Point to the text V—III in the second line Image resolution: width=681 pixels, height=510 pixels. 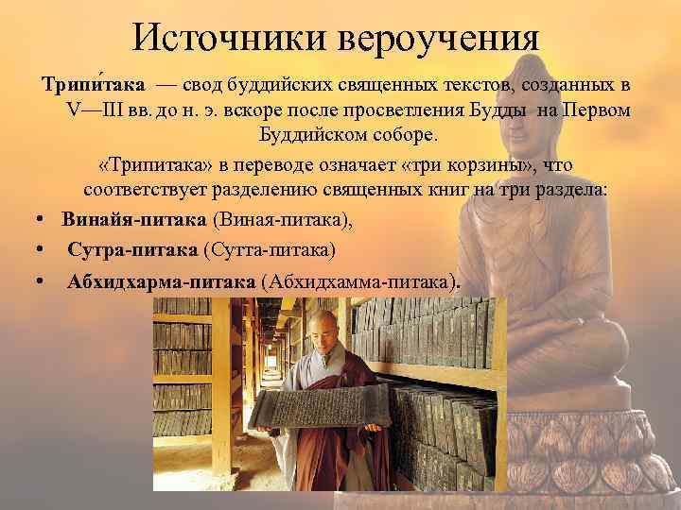[95, 110]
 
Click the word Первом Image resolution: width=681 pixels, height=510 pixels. [597, 110]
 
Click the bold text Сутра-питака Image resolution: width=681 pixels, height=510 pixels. [131, 250]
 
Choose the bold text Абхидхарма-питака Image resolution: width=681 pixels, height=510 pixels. [160, 281]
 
